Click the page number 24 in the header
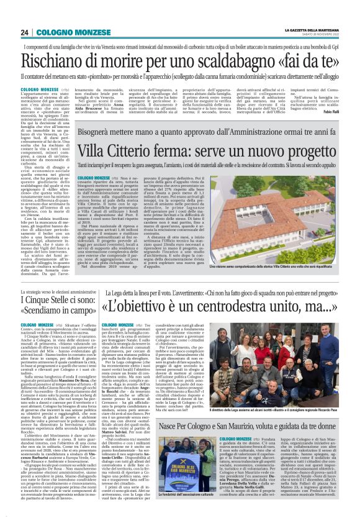coord(25,32)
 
